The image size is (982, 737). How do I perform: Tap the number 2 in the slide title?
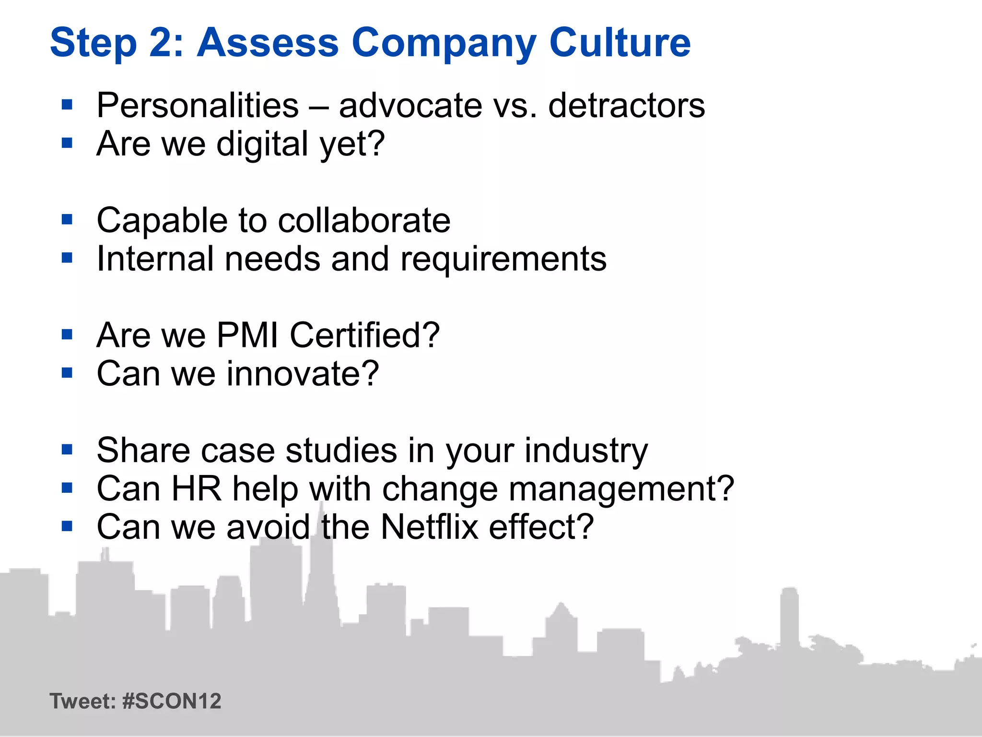click(165, 43)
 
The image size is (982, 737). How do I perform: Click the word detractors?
click(626, 105)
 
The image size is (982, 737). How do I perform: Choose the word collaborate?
click(364, 221)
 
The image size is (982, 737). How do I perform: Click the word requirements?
click(503, 260)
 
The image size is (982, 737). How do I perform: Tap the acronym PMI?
click(247, 335)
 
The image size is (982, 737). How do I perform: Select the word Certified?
click(364, 335)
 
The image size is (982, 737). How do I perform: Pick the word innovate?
click(303, 374)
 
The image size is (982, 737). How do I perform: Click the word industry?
click(585, 451)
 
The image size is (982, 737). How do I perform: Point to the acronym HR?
click(196, 489)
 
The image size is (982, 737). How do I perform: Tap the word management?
click(621, 490)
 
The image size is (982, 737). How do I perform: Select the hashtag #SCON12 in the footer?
click(172, 701)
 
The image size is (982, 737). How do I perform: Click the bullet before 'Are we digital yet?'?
click(67, 143)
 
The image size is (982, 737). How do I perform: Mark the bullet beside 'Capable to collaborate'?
click(67, 220)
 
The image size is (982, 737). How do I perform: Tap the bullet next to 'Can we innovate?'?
click(67, 373)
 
